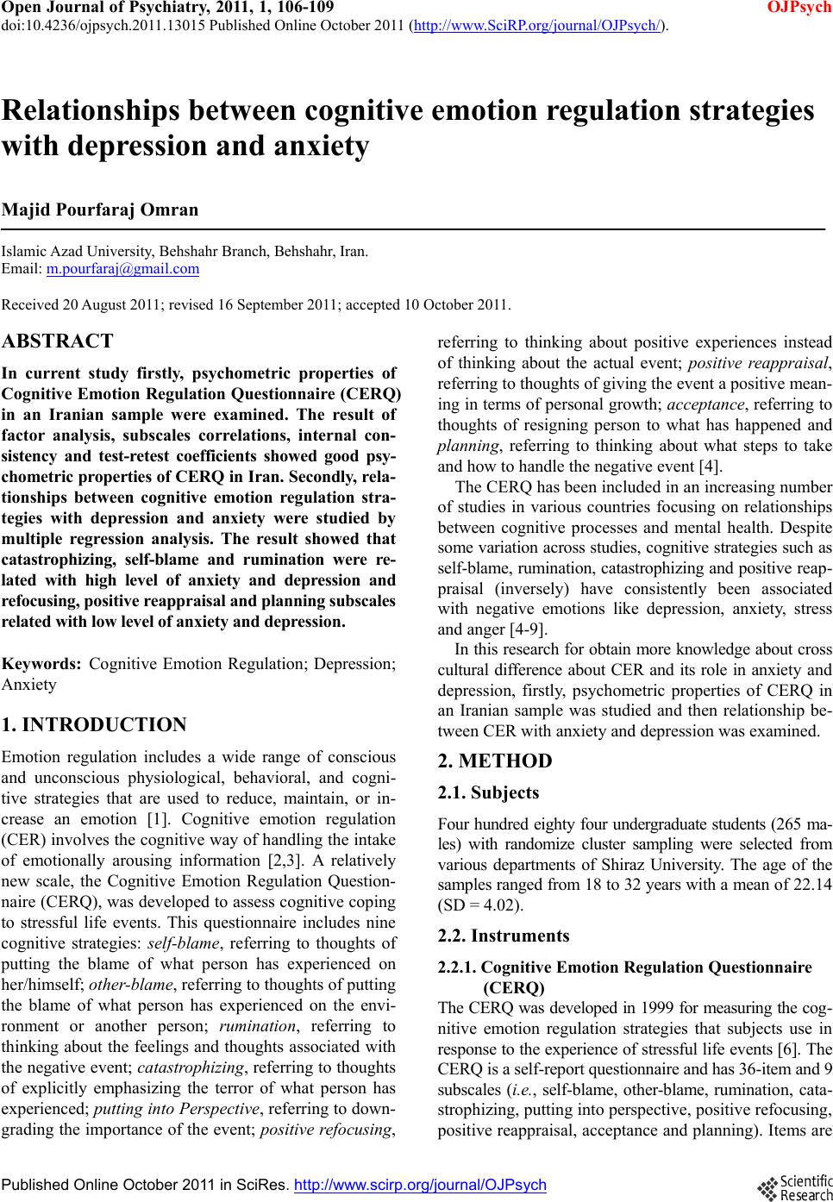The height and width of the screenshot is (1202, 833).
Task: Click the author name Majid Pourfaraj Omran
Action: point(100,210)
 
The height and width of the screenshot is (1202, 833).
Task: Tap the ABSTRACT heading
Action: point(58,341)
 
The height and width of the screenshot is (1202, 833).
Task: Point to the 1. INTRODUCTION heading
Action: point(95,725)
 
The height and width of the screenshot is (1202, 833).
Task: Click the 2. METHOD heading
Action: point(495,761)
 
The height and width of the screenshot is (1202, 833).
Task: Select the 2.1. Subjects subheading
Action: point(488,792)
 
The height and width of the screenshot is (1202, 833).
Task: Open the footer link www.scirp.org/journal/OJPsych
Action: point(420,1185)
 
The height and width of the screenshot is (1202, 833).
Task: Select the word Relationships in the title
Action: point(97,111)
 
